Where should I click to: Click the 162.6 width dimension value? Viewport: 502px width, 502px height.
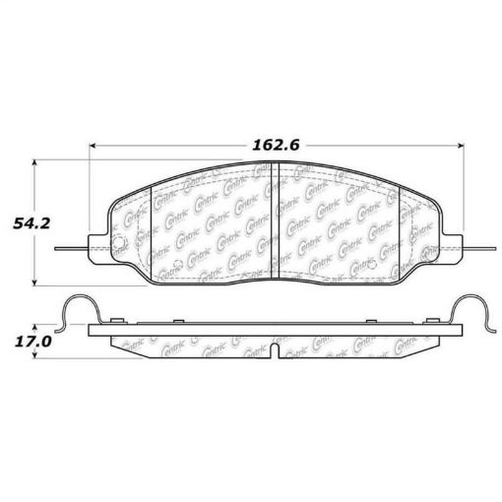point(275,144)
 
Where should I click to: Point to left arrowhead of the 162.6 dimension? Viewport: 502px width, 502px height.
point(94,146)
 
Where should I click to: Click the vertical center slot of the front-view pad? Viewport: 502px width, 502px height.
point(275,221)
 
